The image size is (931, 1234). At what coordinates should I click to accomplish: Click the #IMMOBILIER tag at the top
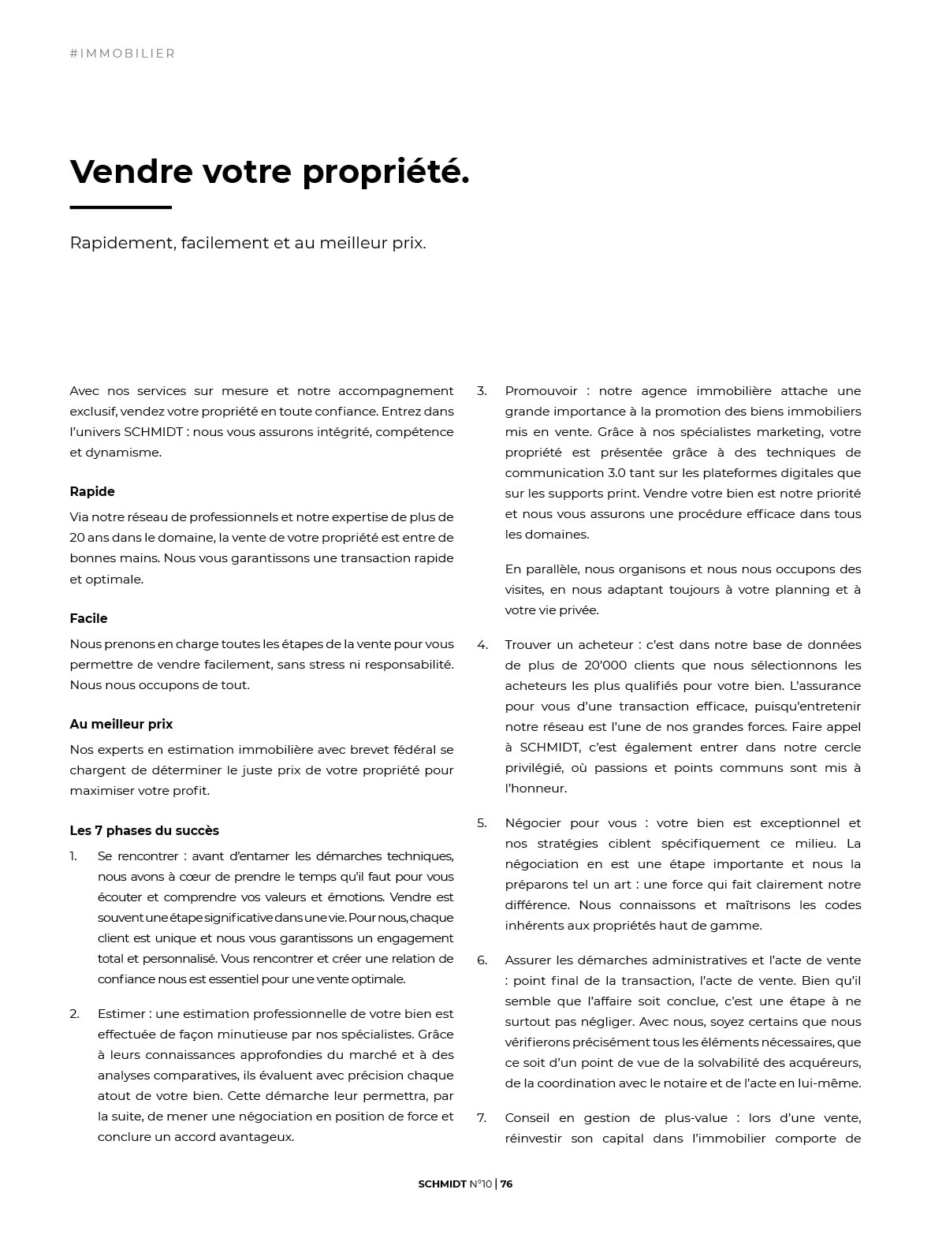point(122,54)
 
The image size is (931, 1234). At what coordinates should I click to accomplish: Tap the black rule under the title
point(121,207)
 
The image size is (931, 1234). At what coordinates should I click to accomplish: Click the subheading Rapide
point(92,491)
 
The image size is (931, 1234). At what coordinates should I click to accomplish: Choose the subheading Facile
point(88,618)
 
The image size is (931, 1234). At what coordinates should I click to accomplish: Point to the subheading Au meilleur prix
point(121,724)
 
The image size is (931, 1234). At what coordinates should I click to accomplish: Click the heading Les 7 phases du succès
point(144,830)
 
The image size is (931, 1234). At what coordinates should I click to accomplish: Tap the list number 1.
point(73,856)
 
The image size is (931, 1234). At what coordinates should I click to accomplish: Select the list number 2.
point(74,1014)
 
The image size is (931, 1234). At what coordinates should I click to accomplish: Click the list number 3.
point(482,391)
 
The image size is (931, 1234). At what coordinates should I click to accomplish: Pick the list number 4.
point(482,645)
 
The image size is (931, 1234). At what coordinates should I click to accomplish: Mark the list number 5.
point(482,823)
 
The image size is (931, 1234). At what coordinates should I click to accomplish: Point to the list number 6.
point(482,960)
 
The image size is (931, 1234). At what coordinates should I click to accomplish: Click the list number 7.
point(482,1118)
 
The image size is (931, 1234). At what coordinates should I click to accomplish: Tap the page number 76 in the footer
point(506,1184)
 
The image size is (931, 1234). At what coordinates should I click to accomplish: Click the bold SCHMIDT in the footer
point(442,1184)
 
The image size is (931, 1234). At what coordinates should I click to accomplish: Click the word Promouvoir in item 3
point(542,391)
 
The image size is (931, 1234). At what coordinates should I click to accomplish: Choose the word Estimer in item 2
point(121,1014)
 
